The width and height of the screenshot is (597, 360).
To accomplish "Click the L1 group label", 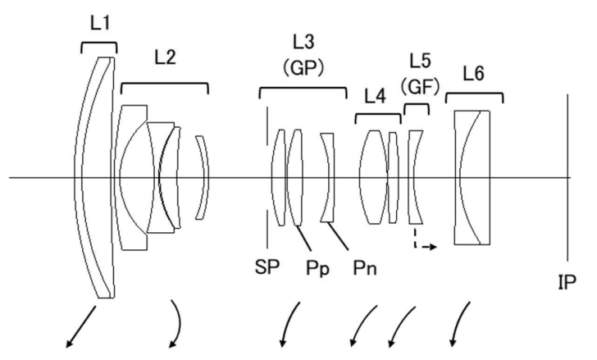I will pyautogui.click(x=99, y=25).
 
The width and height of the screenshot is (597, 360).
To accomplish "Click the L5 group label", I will pyautogui.click(x=421, y=60).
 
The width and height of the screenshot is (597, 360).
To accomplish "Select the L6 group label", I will pyautogui.click(x=472, y=74).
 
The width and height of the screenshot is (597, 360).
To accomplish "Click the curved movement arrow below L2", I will pyautogui.click(x=174, y=323).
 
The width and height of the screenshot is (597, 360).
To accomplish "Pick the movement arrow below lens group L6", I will pyautogui.click(x=460, y=323).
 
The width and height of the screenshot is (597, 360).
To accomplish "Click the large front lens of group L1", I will pyautogui.click(x=97, y=177).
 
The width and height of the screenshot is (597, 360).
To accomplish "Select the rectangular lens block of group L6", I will pyautogui.click(x=473, y=177).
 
